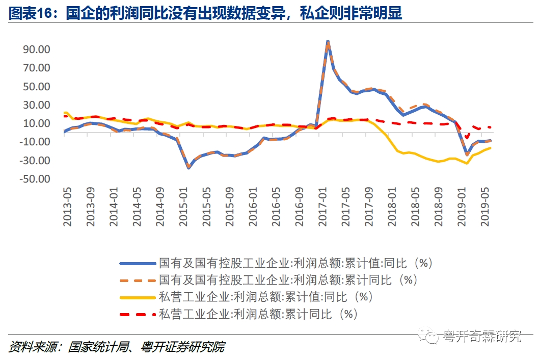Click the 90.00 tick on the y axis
tap(35, 49)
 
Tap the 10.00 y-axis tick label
tap(35, 123)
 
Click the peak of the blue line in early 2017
tap(328, 41)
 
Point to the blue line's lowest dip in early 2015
tap(188, 167)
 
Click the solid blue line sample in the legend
tap(137, 263)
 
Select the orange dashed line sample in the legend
tap(137, 280)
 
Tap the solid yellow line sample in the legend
tap(137, 297)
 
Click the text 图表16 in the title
tap(31, 14)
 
